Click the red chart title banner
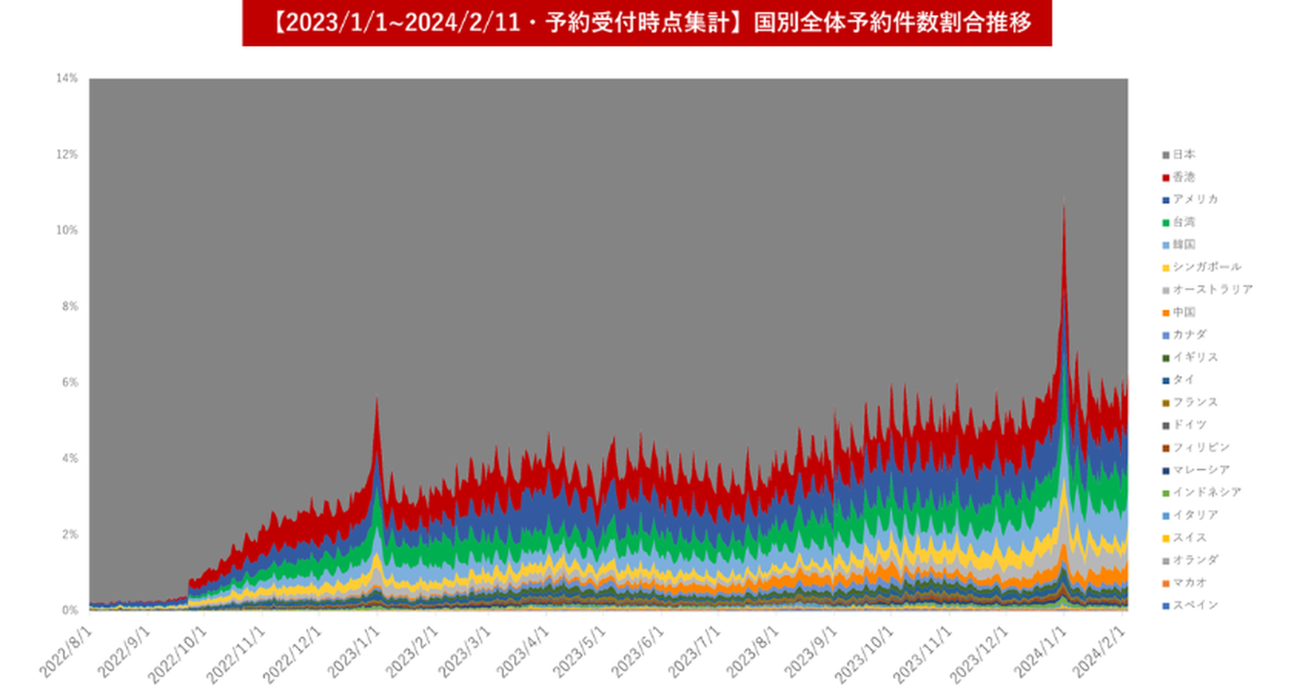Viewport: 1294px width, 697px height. tap(646, 22)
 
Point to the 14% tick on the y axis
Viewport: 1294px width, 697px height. tap(67, 79)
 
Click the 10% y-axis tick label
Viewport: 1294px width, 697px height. tap(67, 230)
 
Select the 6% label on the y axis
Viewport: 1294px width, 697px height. tap(69, 382)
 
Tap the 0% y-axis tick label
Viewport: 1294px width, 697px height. tap(69, 611)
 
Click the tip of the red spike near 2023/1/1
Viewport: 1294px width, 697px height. tap(377, 398)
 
